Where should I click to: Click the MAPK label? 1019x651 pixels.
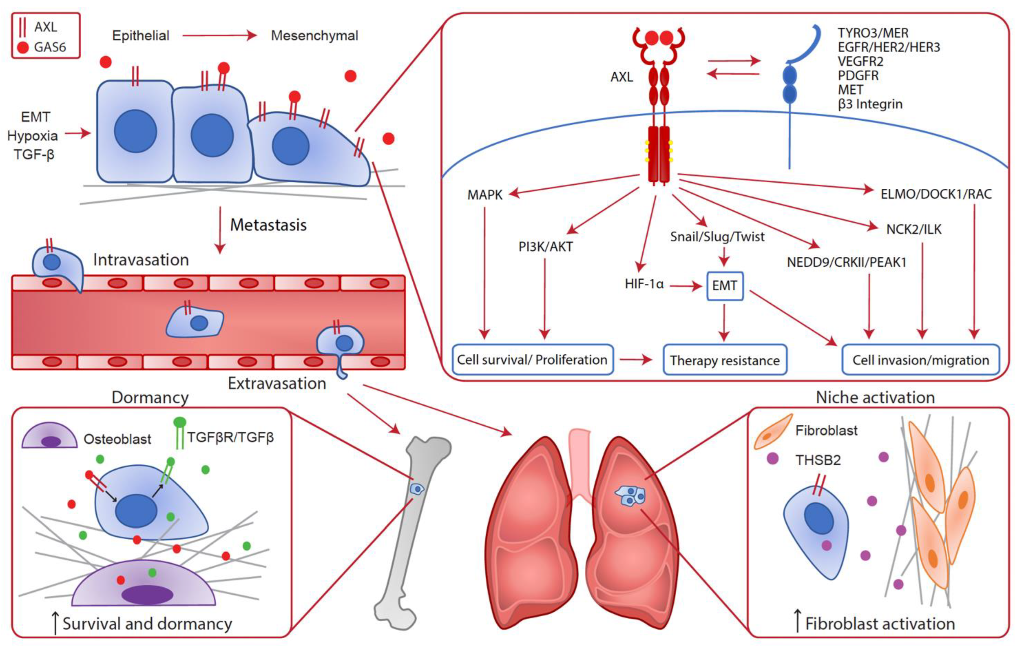click(484, 195)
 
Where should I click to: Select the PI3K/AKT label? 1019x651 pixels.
click(546, 246)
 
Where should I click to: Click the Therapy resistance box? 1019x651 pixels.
click(725, 360)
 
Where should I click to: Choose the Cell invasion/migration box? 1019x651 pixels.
click(921, 360)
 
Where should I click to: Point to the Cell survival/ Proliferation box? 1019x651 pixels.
click(532, 360)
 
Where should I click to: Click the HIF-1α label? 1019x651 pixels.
click(644, 284)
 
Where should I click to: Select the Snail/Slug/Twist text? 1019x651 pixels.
click(717, 237)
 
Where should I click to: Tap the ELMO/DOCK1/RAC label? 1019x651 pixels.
click(936, 194)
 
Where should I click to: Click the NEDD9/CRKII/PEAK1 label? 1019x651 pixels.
click(846, 262)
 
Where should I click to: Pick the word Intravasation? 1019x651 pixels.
click(141, 260)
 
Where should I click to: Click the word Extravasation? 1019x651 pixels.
click(277, 383)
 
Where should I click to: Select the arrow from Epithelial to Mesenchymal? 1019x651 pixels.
click(219, 35)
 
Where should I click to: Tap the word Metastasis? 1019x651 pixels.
click(268, 225)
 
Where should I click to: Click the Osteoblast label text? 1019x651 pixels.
click(117, 439)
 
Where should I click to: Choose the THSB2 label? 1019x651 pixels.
click(818, 460)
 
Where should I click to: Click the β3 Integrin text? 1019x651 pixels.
click(870, 104)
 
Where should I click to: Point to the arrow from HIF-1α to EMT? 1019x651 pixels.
click(686, 287)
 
